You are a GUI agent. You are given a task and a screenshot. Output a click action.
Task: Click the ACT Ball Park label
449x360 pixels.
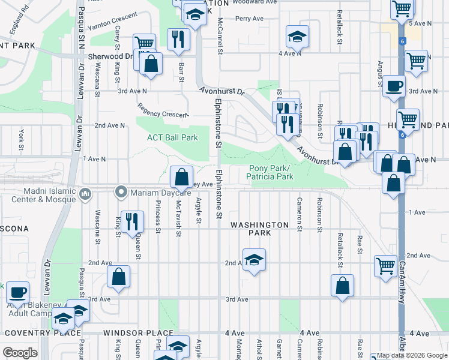point(173,137)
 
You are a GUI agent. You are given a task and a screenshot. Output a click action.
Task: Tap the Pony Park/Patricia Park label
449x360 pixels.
point(271,172)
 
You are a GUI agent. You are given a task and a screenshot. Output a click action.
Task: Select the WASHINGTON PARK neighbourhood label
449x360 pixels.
point(260,225)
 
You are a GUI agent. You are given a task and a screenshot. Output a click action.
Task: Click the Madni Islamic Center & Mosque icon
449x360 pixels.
point(85,193)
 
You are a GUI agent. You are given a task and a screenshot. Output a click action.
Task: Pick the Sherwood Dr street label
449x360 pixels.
point(106,56)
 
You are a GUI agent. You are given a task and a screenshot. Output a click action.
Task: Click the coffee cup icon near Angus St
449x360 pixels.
point(394,85)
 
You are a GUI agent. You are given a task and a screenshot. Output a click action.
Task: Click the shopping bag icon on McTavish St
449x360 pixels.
point(181,177)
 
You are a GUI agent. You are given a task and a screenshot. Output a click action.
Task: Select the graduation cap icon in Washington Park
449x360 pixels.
point(255,260)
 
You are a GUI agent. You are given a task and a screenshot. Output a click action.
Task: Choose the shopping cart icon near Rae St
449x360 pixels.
point(385,265)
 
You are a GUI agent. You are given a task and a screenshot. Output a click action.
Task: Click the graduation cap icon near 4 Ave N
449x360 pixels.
point(297,37)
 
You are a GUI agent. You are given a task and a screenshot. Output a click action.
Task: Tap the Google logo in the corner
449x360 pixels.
point(19,352)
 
